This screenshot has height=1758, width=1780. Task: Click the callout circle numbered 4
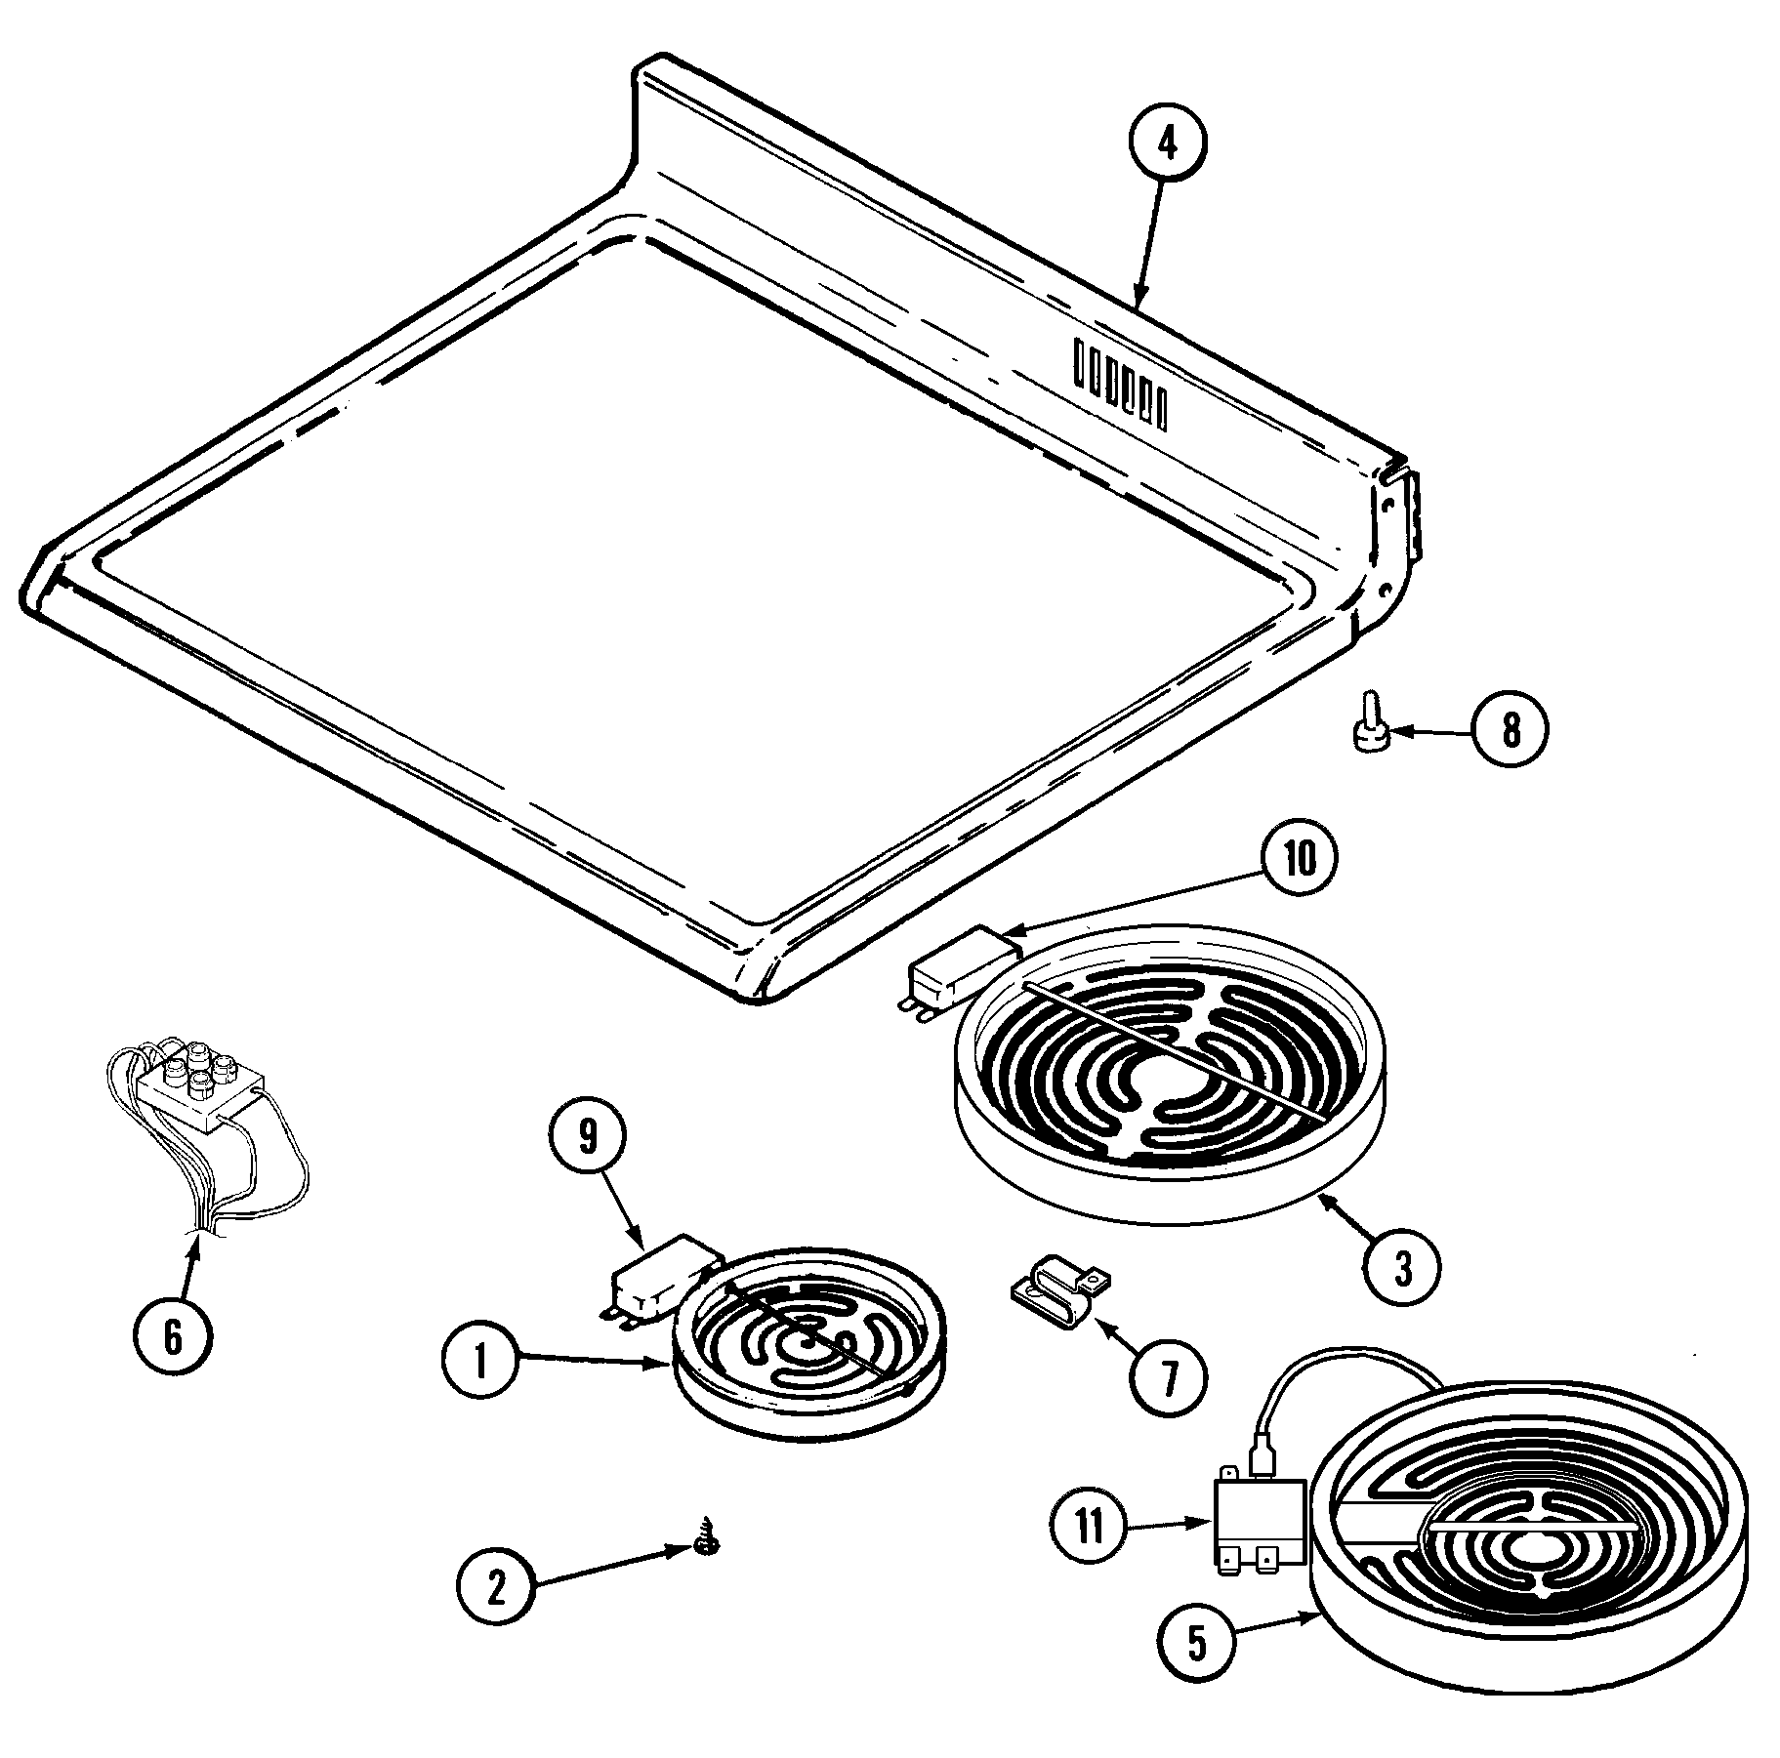coord(1168,144)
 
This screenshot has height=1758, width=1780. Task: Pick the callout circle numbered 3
coord(1402,1270)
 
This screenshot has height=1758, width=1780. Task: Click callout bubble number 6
coord(173,1338)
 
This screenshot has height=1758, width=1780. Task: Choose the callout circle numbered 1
coord(480,1364)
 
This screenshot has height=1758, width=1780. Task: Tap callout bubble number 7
coord(1168,1376)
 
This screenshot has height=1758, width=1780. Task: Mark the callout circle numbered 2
coord(497,1589)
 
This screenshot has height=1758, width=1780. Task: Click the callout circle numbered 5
coord(1197,1644)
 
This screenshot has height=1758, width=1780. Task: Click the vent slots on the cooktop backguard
coord(1118,384)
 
